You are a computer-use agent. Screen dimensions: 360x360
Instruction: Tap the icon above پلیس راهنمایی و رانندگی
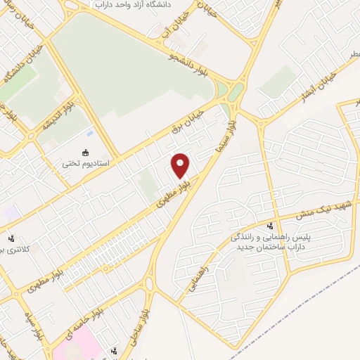point(271,226)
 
